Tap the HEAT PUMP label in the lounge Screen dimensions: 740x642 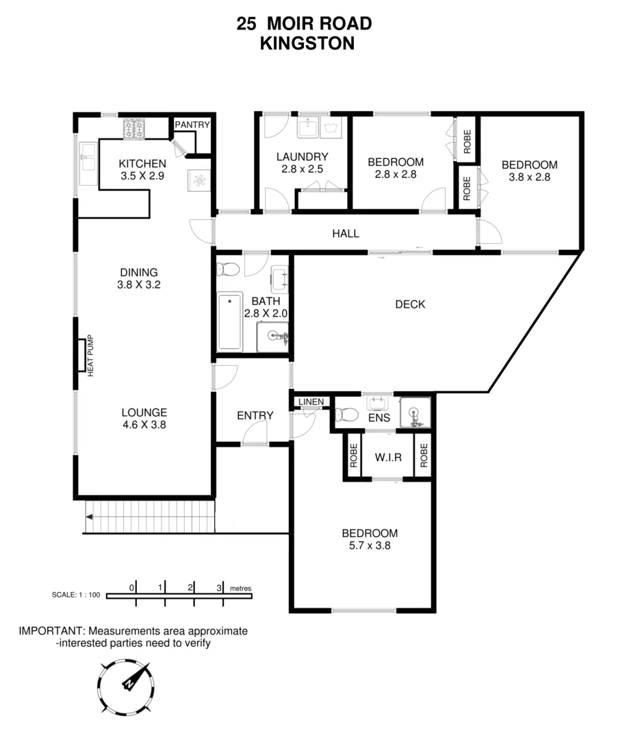click(90, 356)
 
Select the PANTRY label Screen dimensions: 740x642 click(192, 125)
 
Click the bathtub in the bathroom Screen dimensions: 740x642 click(229, 322)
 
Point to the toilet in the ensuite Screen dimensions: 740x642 click(346, 415)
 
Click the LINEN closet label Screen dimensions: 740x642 click(311, 402)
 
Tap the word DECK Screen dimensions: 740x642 click(410, 304)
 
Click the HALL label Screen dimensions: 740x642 click(346, 234)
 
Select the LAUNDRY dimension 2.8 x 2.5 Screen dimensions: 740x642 click(302, 169)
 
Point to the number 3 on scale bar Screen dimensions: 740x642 click(219, 587)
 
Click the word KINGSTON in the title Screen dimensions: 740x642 click(307, 43)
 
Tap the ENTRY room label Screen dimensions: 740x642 click(255, 415)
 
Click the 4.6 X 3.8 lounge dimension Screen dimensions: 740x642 click(144, 425)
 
